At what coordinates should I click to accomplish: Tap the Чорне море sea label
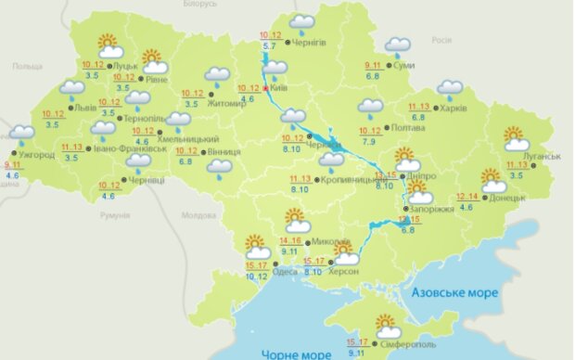pos(291,354)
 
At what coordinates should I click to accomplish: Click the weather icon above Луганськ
pos(517,139)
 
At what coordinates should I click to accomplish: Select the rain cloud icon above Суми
pos(398,46)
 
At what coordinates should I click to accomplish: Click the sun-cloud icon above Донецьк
pos(494,180)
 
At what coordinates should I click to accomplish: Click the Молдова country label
pos(198,214)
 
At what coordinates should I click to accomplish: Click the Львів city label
pos(85,108)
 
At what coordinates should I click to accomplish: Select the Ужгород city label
pos(34,153)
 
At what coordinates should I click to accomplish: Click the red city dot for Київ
pos(266,90)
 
